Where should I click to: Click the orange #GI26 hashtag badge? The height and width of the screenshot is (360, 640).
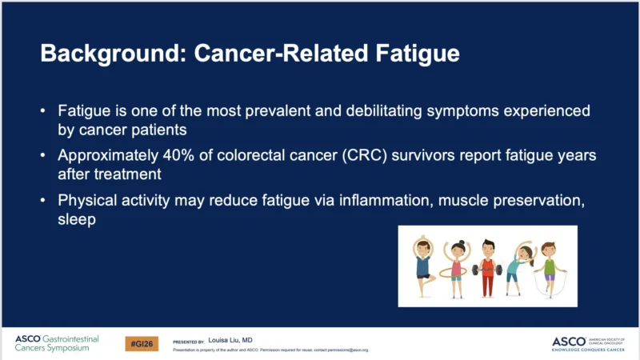(142, 342)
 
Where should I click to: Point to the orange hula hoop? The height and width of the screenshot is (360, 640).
(456, 270)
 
